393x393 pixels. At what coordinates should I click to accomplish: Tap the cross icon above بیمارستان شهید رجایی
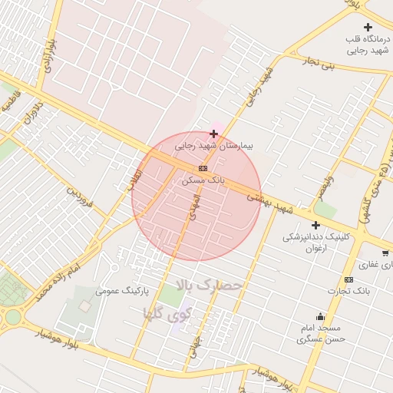pyautogui.click(x=213, y=134)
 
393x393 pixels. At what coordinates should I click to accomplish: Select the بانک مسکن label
pyautogui.click(x=203, y=180)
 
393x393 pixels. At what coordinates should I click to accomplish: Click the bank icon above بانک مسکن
pyautogui.click(x=203, y=168)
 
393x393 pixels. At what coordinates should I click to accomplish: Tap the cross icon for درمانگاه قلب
pyautogui.click(x=368, y=28)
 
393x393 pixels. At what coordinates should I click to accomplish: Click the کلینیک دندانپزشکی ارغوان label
pyautogui.click(x=315, y=243)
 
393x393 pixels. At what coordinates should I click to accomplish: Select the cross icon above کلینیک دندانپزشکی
pyautogui.click(x=315, y=225)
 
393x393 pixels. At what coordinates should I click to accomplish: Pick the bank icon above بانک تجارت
pyautogui.click(x=349, y=279)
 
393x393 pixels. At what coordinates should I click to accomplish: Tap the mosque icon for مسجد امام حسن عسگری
pyautogui.click(x=320, y=316)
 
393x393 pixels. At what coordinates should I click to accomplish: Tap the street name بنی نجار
pyautogui.click(x=319, y=62)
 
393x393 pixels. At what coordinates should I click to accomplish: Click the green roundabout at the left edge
pyautogui.click(x=13, y=316)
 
